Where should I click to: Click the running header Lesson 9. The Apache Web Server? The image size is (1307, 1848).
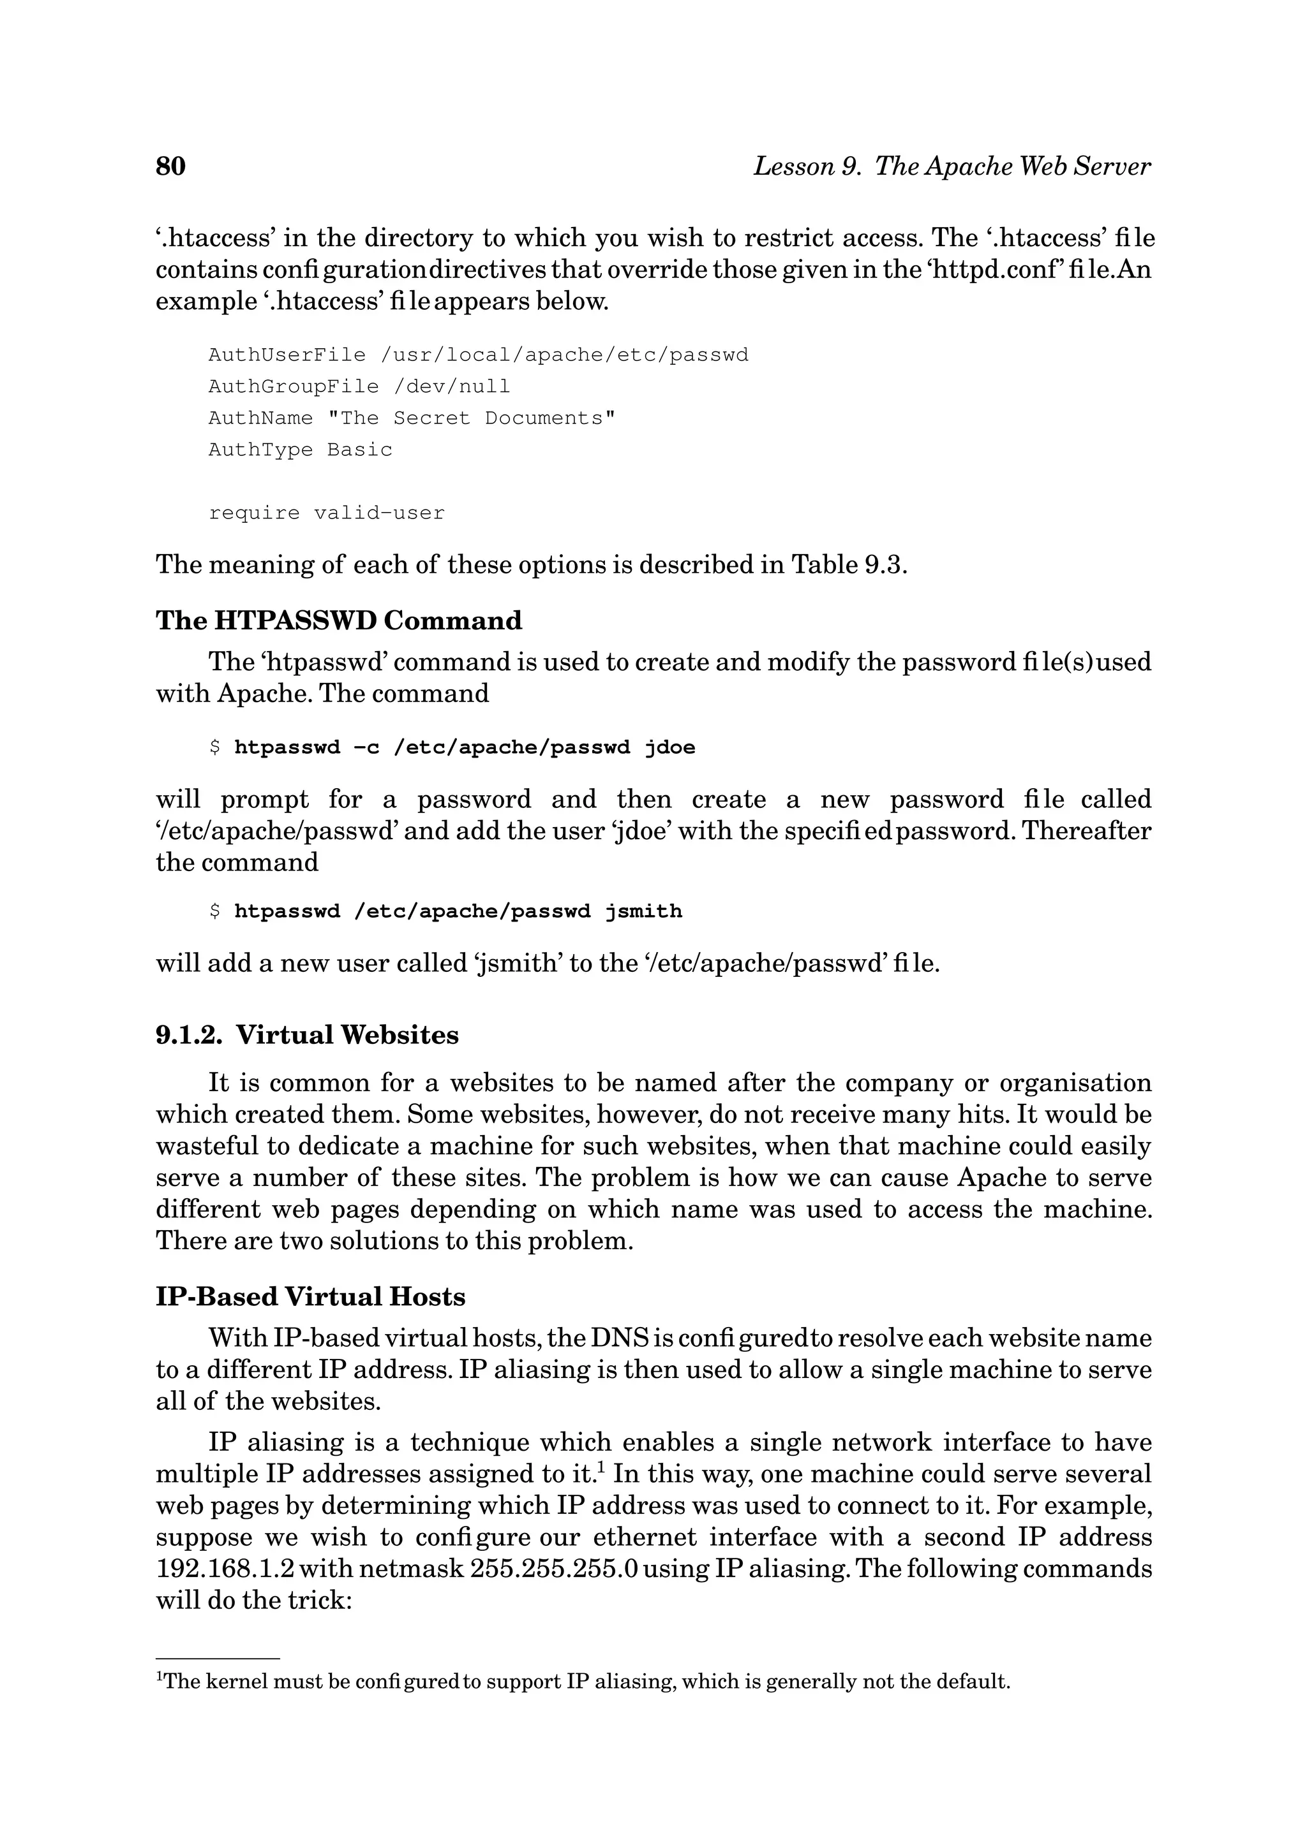pos(951,166)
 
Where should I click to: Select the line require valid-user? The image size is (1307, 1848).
pos(326,513)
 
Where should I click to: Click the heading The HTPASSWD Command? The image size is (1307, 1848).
pos(338,620)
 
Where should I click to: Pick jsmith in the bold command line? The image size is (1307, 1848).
pos(643,911)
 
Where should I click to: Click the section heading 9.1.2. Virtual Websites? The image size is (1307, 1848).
pos(307,1034)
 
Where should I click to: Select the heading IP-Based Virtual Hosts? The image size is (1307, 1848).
pos(310,1296)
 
